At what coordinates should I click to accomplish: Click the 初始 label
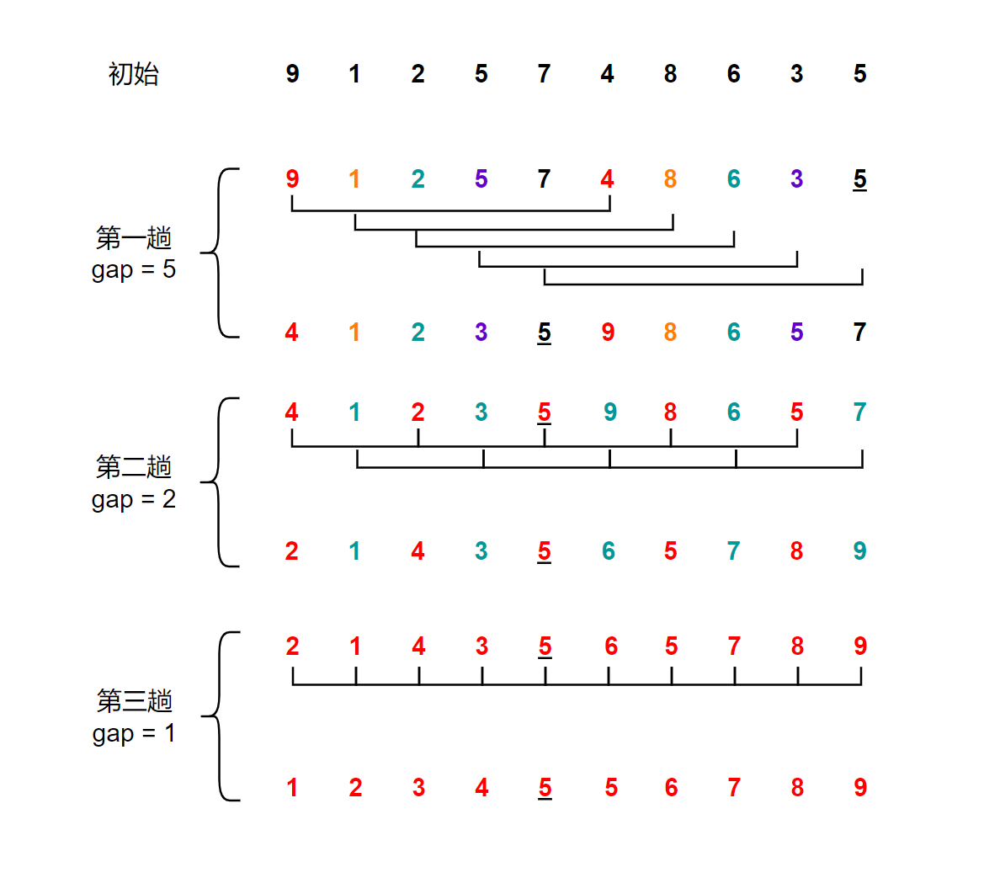click(133, 74)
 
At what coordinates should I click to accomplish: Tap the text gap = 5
click(133, 270)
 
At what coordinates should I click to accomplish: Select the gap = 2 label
click(133, 499)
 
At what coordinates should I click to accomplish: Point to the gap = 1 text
click(133, 733)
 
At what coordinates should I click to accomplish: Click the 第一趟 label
click(133, 238)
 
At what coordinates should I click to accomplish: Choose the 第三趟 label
click(133, 700)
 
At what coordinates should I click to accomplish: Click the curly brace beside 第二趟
click(218, 482)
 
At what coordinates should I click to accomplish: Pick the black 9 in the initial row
click(292, 74)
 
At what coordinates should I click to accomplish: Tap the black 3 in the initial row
click(796, 74)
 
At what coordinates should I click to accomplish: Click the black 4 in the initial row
click(607, 74)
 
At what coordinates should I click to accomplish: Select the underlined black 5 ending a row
click(859, 179)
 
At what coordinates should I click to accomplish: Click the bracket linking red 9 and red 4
click(450, 210)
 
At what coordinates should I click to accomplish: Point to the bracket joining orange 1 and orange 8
click(513, 229)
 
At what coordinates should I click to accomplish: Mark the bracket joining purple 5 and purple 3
click(638, 266)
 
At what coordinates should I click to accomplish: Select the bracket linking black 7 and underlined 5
click(703, 285)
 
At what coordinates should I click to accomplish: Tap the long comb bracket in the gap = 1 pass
click(577, 684)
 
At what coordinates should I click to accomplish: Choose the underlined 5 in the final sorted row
click(545, 788)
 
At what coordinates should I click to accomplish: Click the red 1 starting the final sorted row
click(292, 788)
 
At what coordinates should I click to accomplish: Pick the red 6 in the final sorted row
click(671, 788)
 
